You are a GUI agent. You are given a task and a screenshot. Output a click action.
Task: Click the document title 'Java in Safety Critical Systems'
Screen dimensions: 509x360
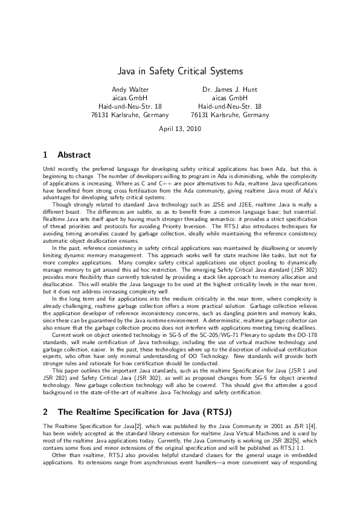click(x=179, y=72)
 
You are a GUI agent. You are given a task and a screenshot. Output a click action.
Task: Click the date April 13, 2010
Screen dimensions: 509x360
click(x=179, y=129)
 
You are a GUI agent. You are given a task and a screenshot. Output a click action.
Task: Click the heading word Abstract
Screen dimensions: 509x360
click(x=73, y=155)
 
